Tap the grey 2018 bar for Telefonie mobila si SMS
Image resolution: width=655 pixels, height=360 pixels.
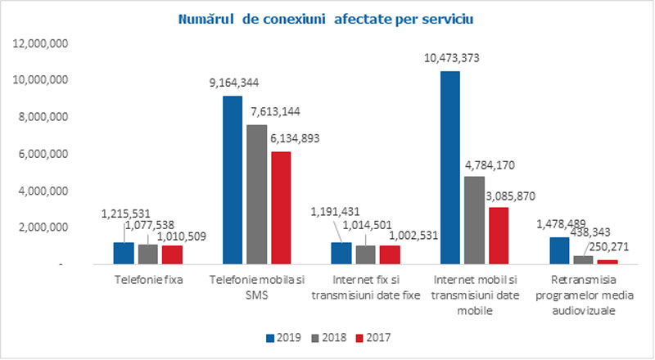pos(257,194)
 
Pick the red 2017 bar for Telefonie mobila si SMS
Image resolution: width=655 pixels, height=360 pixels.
pos(280,208)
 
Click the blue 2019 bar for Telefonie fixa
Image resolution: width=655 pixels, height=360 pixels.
pos(124,253)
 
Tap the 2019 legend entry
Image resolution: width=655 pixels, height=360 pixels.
pos(282,336)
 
